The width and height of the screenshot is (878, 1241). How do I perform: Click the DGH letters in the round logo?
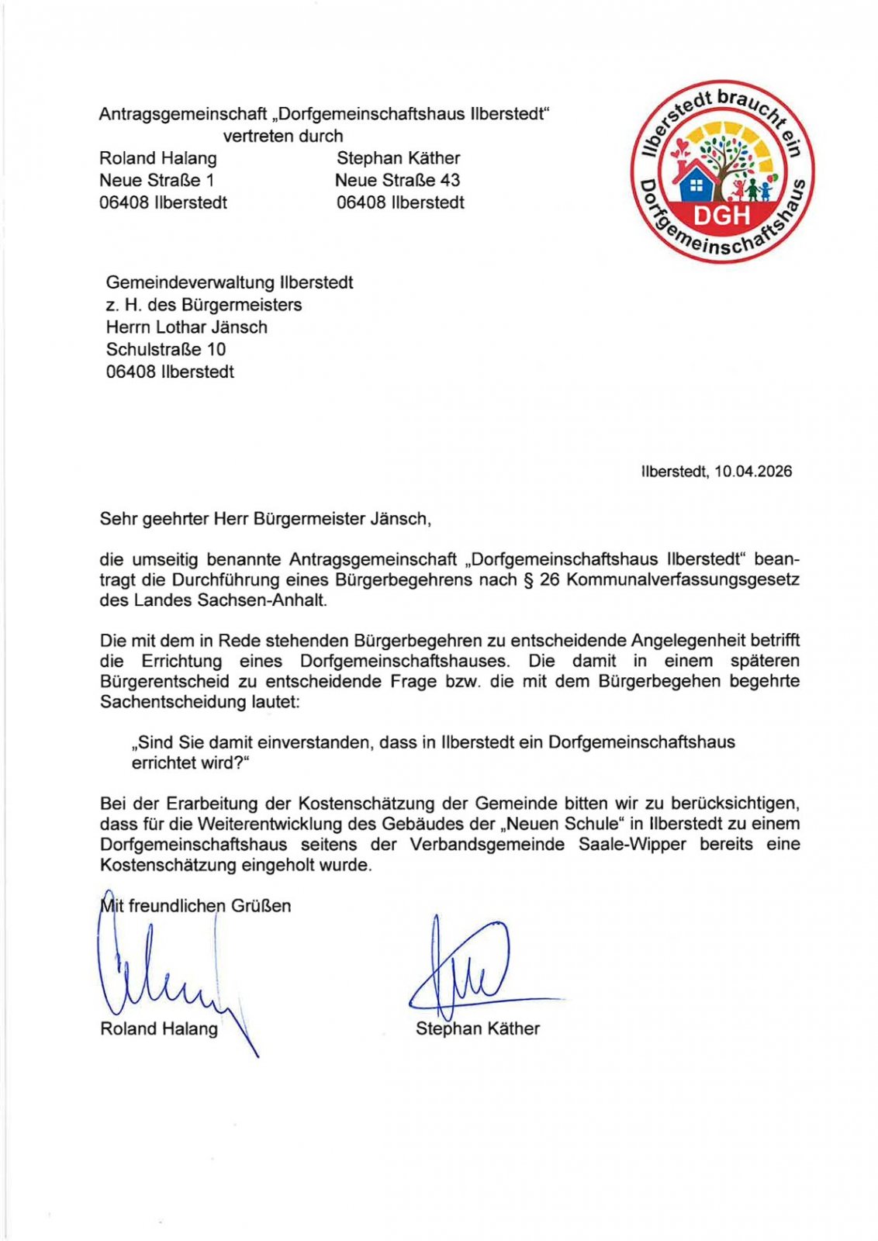coord(721,215)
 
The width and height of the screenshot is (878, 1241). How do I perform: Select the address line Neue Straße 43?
coord(397,181)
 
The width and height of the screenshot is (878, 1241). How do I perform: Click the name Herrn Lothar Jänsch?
coord(187,327)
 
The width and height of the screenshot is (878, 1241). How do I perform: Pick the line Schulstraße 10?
coord(166,350)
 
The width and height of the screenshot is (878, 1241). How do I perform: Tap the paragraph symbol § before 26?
coord(529,580)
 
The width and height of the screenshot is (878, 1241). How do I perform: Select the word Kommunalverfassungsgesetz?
coord(683,580)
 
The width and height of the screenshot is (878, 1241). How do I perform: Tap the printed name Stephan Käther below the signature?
coord(477,1029)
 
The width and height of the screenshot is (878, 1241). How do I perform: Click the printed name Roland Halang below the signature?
coord(159,1029)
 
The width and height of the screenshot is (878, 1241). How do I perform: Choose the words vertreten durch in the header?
coord(283,137)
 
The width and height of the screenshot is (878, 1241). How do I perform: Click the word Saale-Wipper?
coord(632,845)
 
